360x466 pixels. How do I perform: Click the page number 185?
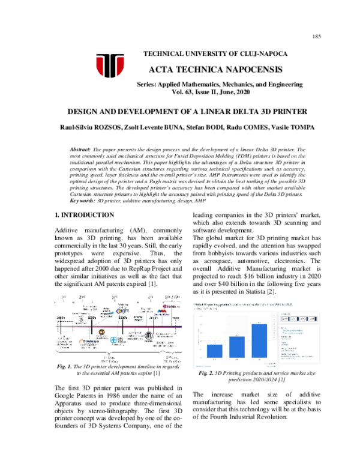tap(317, 37)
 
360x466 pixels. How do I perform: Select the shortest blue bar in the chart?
tap(214, 353)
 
